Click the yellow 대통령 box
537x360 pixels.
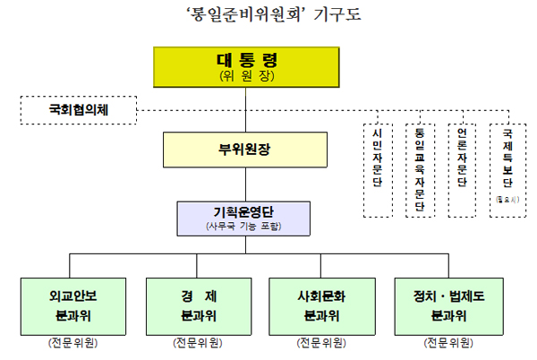[x=246, y=67]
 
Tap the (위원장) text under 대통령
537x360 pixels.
[x=246, y=77]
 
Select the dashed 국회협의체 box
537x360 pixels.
[x=75, y=111]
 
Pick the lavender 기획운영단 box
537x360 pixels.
[x=244, y=219]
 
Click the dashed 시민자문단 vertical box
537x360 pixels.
[x=378, y=168]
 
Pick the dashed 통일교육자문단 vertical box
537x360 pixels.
[x=419, y=168]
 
